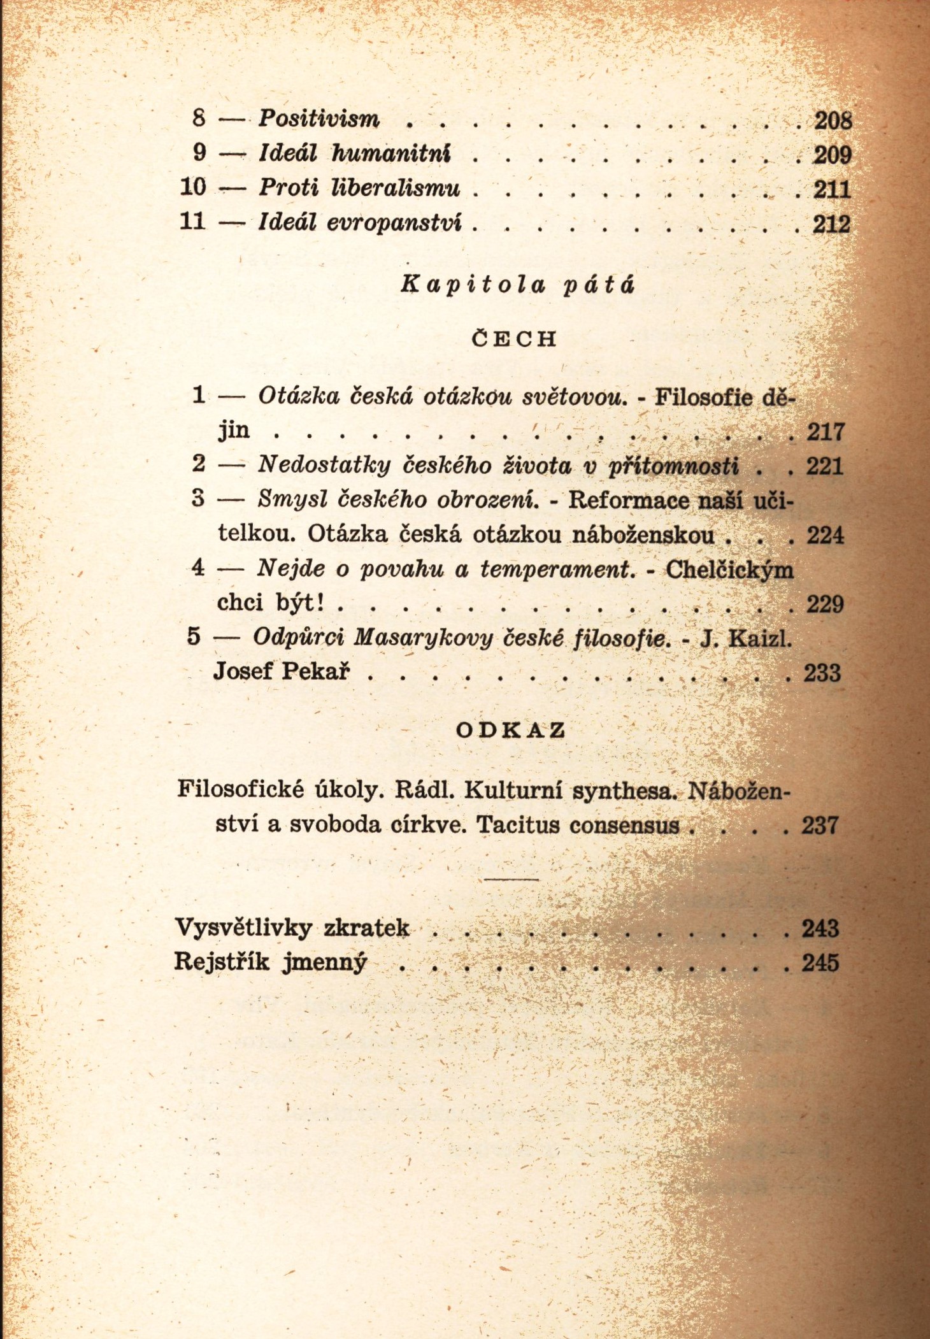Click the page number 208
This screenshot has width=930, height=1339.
click(x=833, y=120)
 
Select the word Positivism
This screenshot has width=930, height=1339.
click(x=318, y=118)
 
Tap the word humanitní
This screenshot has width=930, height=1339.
click(x=391, y=154)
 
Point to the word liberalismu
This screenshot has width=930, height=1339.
click(x=396, y=188)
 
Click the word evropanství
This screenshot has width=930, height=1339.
click(x=394, y=222)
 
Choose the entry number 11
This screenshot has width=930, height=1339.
click(x=192, y=221)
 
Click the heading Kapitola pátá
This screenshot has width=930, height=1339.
click(x=517, y=284)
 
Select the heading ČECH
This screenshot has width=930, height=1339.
click(x=514, y=339)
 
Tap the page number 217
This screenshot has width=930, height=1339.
click(x=826, y=432)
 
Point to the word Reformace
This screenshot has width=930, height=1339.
click(x=628, y=499)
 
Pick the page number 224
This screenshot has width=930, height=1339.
click(x=826, y=535)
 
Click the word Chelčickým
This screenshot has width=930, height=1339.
click(x=729, y=569)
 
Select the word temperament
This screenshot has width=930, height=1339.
click(x=558, y=568)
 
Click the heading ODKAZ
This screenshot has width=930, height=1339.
click(x=511, y=730)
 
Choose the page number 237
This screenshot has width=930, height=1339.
click(x=820, y=826)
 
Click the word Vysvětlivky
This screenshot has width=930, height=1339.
click(x=243, y=927)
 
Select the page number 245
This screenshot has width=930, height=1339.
click(x=820, y=963)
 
